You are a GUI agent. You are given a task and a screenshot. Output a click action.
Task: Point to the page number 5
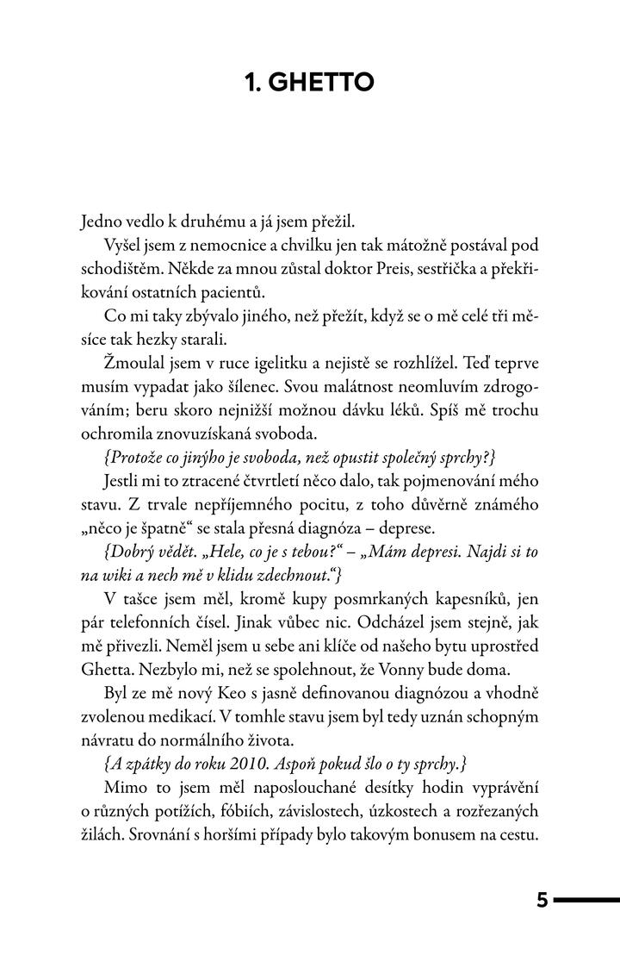[x=542, y=902]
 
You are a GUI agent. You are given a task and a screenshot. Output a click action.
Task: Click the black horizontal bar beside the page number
[x=586, y=902]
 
